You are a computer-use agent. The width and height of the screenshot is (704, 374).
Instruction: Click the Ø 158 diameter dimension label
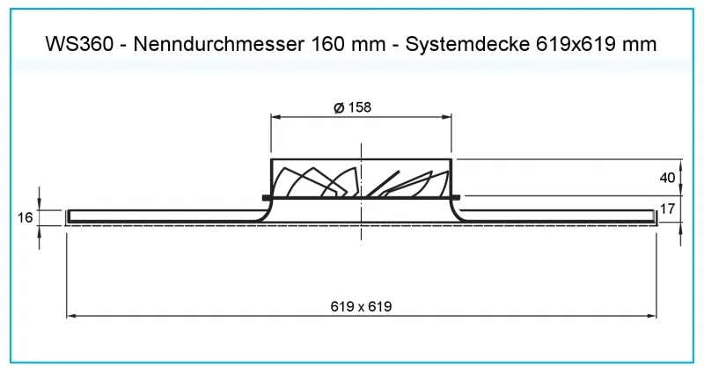tap(353, 107)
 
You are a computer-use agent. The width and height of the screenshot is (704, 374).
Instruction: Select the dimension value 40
tap(667, 178)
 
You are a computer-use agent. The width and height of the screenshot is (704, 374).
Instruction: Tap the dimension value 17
tap(667, 209)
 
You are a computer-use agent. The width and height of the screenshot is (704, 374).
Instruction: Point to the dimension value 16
tap(26, 217)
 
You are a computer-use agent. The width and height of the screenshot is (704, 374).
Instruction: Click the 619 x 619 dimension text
tap(361, 306)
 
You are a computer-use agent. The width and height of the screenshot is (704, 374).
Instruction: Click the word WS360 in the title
tap(79, 44)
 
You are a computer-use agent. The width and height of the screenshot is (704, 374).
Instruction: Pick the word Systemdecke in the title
tap(467, 45)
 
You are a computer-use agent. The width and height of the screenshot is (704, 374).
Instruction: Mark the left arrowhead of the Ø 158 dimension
tap(275, 117)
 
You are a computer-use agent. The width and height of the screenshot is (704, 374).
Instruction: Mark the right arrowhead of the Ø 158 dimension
tap(447, 117)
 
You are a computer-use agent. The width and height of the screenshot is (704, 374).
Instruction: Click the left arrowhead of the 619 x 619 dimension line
tap(71, 316)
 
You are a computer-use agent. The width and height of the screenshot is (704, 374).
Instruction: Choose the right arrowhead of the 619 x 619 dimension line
tap(651, 316)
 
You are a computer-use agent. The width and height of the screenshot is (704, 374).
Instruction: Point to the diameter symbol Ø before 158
tap(339, 107)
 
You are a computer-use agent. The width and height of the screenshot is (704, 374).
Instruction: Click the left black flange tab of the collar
tap(267, 197)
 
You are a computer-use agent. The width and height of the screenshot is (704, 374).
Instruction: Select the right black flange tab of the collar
tap(456, 197)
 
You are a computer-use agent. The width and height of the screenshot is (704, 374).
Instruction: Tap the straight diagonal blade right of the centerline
tap(382, 184)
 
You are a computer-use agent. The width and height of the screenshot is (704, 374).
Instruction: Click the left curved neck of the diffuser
tap(265, 211)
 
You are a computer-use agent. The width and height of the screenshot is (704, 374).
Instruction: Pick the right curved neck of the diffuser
tap(458, 211)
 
